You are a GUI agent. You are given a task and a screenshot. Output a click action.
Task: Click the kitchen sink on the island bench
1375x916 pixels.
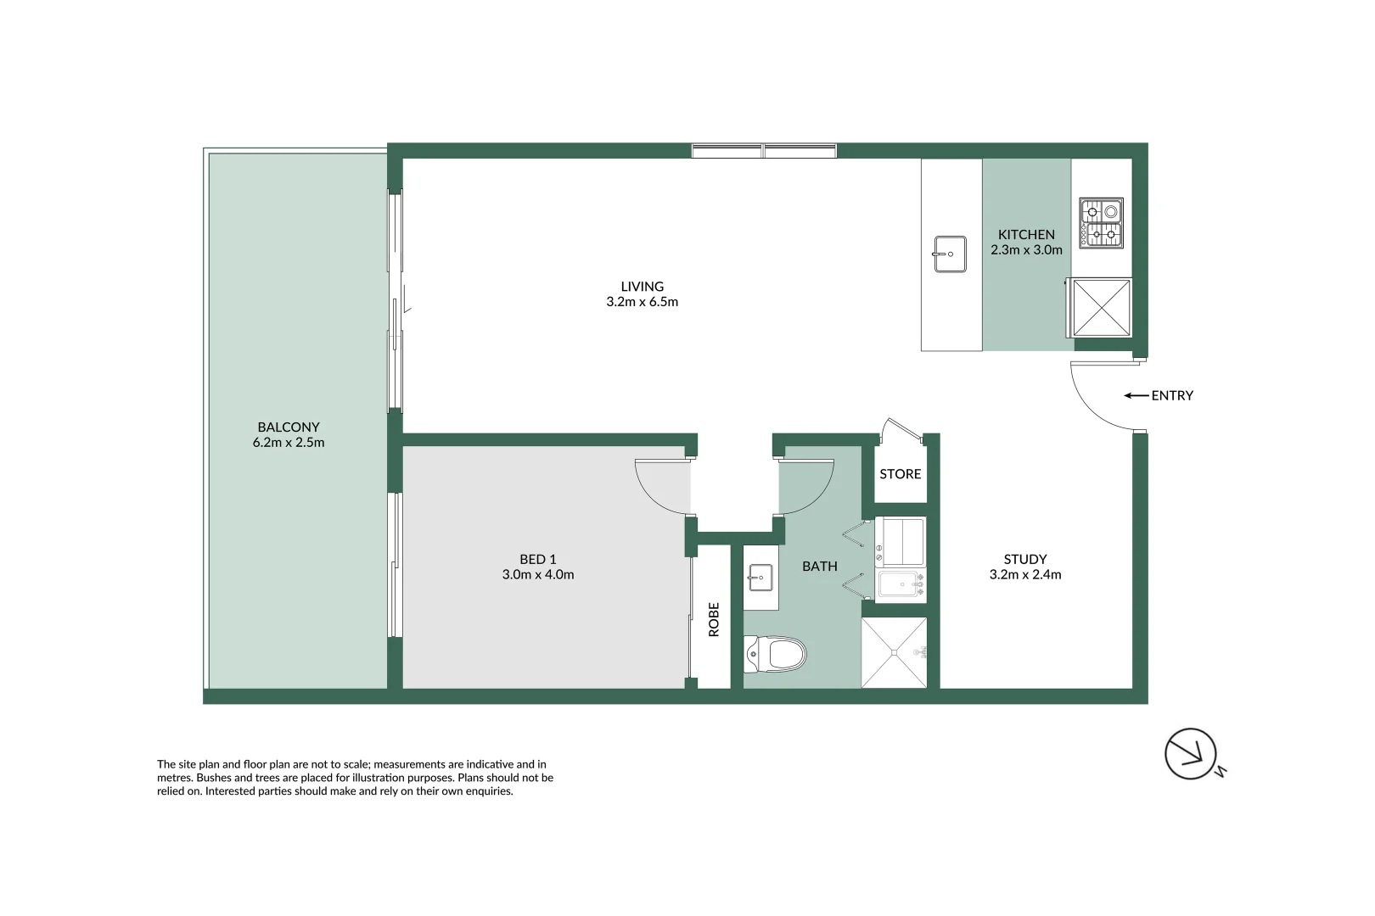point(950,254)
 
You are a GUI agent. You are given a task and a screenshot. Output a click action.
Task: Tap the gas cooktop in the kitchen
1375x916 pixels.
point(1101,223)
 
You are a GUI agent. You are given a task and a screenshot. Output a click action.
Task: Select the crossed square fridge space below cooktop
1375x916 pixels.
point(1102,307)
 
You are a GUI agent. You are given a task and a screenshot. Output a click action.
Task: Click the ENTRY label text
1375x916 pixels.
point(1172,395)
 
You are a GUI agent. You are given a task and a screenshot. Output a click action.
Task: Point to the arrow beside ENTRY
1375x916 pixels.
point(1136,395)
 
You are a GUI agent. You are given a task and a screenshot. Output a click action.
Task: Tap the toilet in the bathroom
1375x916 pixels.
point(776,654)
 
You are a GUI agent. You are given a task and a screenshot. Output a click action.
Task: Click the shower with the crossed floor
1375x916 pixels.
point(894,652)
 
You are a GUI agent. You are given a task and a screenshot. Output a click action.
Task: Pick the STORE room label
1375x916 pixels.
point(900,474)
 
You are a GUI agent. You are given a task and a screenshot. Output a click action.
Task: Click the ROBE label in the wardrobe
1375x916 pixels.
point(714,619)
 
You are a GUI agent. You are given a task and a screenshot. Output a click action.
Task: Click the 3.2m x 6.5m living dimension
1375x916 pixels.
point(642,302)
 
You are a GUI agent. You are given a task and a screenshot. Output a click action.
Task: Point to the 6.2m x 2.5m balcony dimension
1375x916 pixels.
point(289,443)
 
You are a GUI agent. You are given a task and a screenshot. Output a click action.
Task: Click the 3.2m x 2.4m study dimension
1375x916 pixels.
point(1024,575)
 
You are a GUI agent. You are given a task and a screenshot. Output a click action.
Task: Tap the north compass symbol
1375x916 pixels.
point(1191,753)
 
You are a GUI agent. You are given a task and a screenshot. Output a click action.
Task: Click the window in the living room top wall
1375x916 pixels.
point(764,151)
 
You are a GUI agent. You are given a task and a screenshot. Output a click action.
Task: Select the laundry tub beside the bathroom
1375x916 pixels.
point(901,584)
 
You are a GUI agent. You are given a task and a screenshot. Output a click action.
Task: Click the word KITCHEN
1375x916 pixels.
point(1026,234)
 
